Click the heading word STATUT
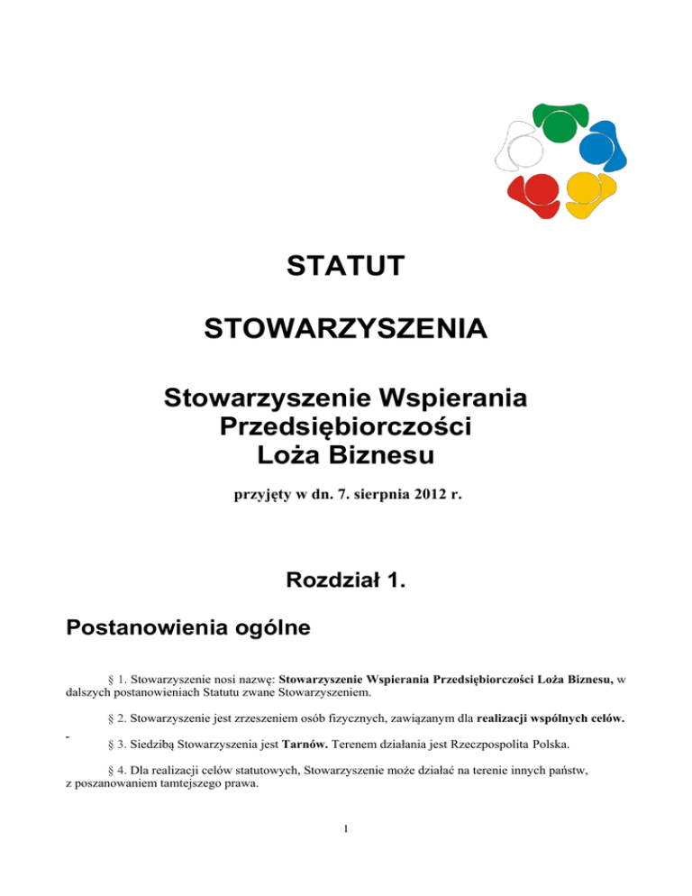(x=345, y=267)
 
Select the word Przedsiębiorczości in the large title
(x=346, y=426)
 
